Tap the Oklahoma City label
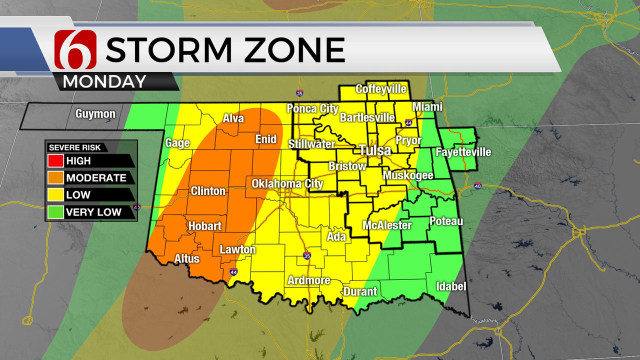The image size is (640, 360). point(287,183)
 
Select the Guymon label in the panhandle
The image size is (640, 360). point(95,114)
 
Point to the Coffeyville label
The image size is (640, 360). point(381,89)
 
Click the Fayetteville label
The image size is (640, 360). point(463,152)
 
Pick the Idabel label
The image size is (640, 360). point(451,286)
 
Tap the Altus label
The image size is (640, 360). point(187,258)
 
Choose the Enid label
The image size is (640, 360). point(266,139)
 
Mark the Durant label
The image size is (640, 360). point(360,291)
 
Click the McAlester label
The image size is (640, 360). point(387,225)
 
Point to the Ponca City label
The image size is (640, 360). point(308,109)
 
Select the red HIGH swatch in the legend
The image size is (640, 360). point(55,161)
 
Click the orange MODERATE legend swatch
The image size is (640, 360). point(55,177)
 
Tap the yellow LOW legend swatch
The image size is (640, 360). point(55,194)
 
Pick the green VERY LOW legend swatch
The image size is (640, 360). point(55,211)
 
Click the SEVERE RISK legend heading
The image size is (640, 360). point(74,147)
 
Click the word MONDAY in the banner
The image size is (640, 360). point(104,81)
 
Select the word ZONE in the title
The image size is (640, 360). point(290,49)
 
